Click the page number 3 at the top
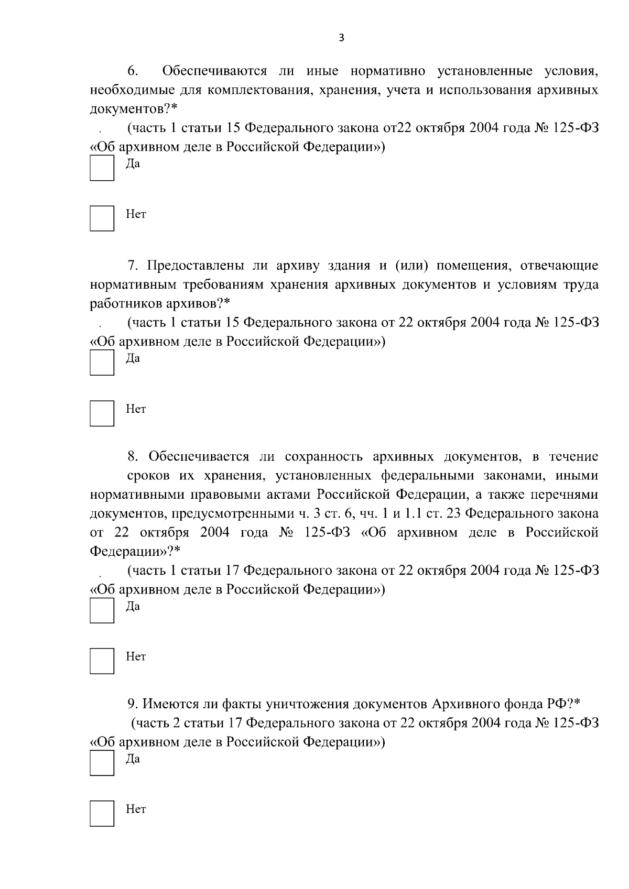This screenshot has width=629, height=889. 341,38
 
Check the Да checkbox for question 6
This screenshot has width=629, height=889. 102,168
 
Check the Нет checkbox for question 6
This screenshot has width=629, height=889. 102,218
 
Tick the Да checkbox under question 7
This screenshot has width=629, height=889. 102,363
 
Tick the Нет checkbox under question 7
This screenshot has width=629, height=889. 102,413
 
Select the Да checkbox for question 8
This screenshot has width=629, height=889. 102,610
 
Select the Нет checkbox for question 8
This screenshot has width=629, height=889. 102,661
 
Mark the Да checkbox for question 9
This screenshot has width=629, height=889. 102,763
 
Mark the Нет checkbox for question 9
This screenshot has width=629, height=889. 102,814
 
